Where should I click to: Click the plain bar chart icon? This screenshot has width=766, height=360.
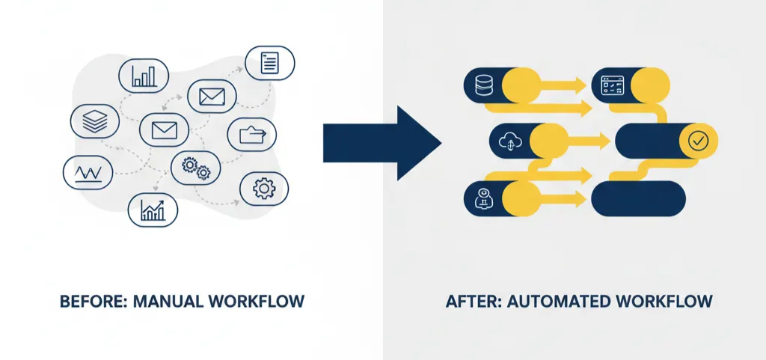pos(144,76)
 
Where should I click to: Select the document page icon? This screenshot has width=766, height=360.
pos(270,63)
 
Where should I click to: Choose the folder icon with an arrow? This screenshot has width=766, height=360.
pos(252,135)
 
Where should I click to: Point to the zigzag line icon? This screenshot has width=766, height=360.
pos(88,173)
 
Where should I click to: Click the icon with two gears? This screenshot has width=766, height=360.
pos(196,168)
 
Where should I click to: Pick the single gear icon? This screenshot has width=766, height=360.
pos(263,188)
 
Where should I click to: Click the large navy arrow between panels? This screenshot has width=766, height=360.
pos(382,142)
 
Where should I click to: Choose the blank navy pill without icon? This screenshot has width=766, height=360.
pos(638,198)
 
